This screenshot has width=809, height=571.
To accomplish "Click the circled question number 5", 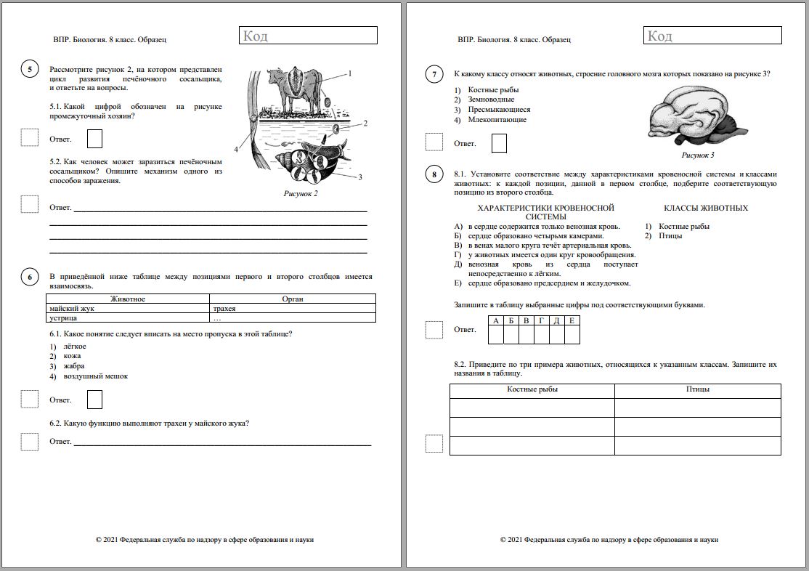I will [30, 69].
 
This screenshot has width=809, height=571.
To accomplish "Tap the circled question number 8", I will [434, 174].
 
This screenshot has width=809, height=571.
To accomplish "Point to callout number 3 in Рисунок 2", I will [359, 177].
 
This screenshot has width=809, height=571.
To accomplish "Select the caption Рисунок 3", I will [697, 155].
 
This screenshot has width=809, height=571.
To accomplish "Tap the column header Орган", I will [292, 299].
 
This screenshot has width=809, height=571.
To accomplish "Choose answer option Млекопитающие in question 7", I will [497, 120].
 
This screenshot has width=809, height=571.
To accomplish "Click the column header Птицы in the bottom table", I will [697, 389].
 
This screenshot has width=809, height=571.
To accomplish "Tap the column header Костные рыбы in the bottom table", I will [532, 389].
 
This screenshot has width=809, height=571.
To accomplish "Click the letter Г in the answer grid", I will [541, 321].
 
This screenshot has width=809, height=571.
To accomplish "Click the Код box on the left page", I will [307, 36].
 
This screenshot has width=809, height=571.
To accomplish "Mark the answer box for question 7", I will [498, 143].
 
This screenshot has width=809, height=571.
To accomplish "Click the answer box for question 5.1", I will [94, 139].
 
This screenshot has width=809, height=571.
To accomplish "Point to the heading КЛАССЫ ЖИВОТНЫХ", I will [705, 208].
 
